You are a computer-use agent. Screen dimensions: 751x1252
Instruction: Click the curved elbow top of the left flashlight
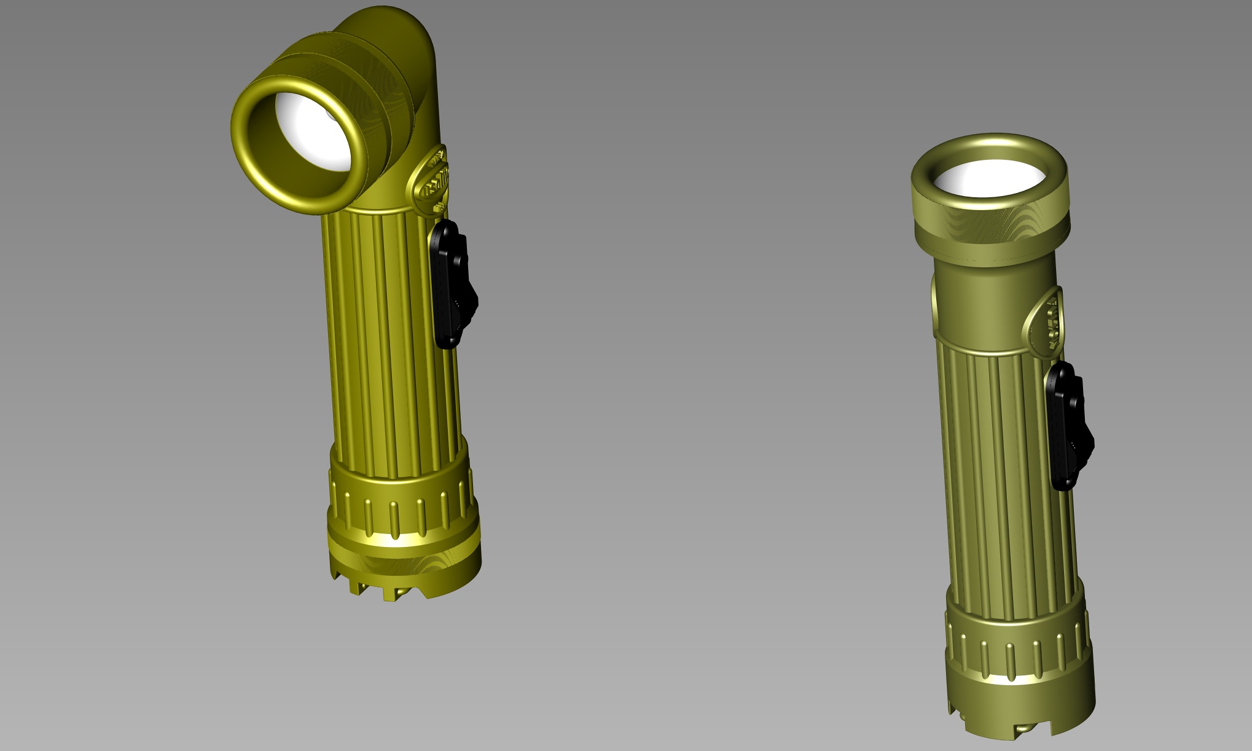point(393,31)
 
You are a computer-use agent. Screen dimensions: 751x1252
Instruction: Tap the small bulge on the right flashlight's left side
point(934,301)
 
